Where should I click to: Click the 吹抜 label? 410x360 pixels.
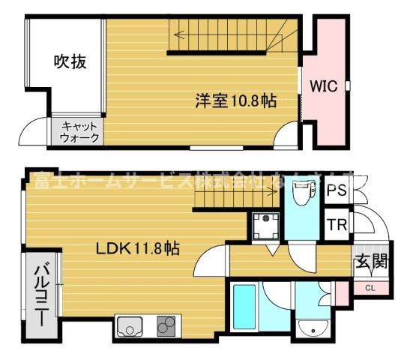point(69,62)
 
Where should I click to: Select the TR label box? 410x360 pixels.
point(336,223)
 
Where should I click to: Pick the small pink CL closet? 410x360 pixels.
point(370,288)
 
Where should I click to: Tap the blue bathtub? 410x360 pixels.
point(244,310)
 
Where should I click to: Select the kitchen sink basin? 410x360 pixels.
point(129,328)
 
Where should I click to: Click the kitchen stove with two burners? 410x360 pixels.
point(166,328)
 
